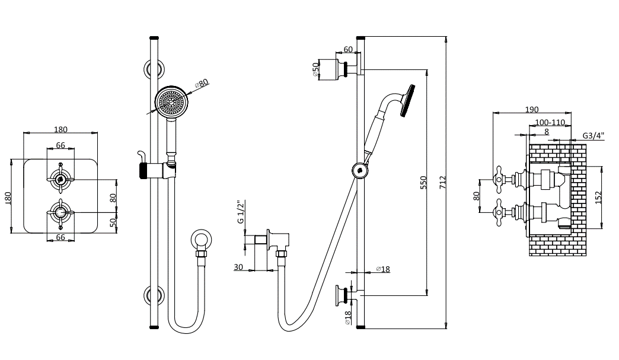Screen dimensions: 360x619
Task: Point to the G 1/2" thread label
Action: point(241,212)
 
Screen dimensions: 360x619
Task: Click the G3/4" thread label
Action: point(592,135)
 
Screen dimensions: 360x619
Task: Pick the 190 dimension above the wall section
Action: point(531,109)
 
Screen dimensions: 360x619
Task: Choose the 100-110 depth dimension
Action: point(550,122)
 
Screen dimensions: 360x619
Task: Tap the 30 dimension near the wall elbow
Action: point(238,267)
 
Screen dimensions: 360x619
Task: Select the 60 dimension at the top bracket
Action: point(348,50)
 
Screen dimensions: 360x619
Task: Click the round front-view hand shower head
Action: point(170,101)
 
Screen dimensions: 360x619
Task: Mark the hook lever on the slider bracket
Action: point(141,155)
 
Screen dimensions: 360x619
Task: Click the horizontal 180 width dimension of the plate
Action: point(60,129)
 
